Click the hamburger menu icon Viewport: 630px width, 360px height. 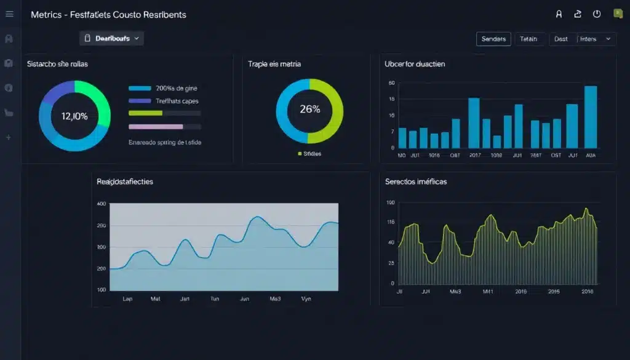[x=9, y=14]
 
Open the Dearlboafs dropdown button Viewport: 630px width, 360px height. [x=111, y=38]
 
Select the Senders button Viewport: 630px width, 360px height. [x=493, y=39]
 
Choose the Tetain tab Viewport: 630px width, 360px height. [x=528, y=39]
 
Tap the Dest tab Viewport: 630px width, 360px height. [x=560, y=39]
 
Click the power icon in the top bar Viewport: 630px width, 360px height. [x=596, y=14]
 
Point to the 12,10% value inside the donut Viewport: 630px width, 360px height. [x=74, y=116]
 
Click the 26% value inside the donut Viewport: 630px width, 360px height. [x=309, y=110]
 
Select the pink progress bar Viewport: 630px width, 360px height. [x=156, y=126]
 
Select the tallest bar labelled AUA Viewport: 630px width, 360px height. [x=591, y=117]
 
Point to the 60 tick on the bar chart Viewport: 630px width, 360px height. [x=391, y=83]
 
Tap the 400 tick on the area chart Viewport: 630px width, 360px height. [x=102, y=204]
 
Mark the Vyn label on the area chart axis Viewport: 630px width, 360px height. [x=306, y=298]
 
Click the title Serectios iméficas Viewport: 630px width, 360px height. [x=416, y=182]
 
